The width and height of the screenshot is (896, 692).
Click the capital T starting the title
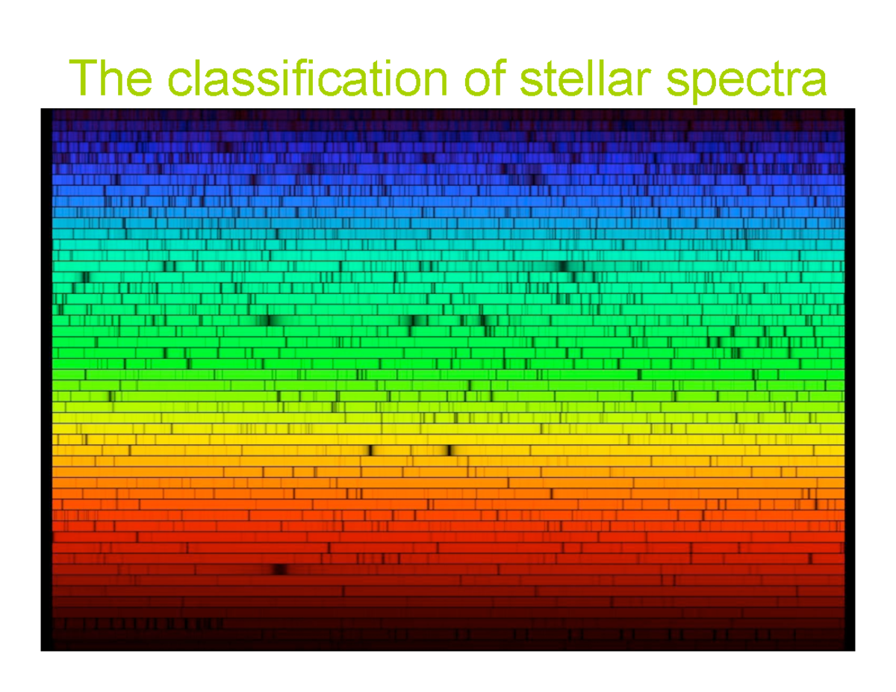(x=81, y=79)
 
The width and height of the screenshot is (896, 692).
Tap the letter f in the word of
(x=501, y=78)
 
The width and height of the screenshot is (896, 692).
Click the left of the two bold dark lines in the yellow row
(x=370, y=450)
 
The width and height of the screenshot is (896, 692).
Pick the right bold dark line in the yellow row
(x=449, y=450)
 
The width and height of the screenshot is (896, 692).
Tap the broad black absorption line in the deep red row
(x=279, y=570)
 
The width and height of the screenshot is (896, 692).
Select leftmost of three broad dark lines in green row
(x=270, y=321)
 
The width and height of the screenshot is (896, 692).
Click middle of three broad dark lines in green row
(x=412, y=321)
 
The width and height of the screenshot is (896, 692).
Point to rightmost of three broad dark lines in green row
(x=482, y=321)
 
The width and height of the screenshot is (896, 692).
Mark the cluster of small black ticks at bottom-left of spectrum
(x=142, y=623)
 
